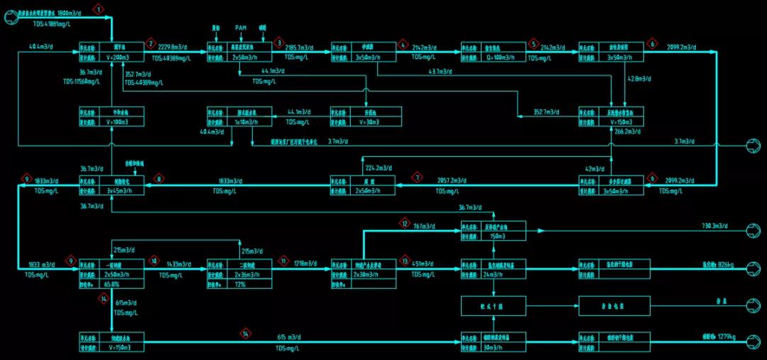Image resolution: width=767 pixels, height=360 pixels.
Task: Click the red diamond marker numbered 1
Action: click(x=99, y=9)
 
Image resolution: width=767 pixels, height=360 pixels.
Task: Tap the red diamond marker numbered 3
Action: click(x=278, y=43)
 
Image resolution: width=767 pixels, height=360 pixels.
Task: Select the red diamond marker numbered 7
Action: click(x=418, y=177)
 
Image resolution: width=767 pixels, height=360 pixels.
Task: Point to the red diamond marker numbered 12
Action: click(x=405, y=224)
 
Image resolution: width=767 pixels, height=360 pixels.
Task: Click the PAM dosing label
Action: click(x=241, y=28)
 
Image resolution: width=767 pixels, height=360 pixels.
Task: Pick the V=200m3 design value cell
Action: click(x=124, y=57)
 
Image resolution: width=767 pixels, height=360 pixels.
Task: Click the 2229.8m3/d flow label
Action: click(x=174, y=47)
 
